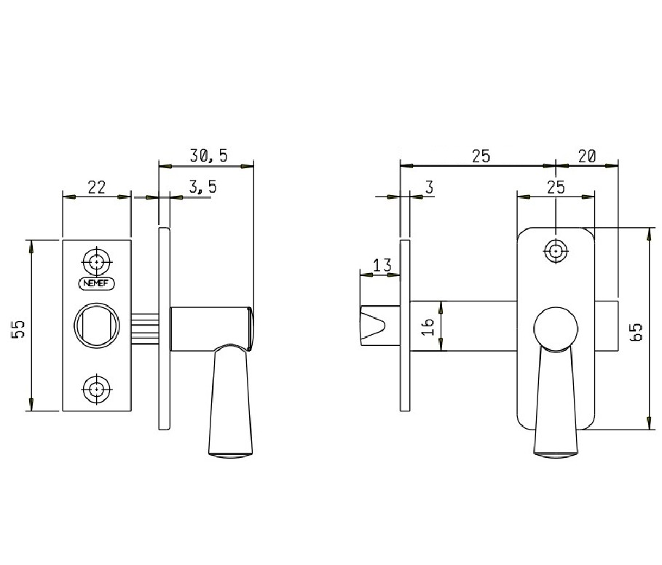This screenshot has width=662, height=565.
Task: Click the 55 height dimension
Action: point(19,329)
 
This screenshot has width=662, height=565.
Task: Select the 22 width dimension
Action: point(97,187)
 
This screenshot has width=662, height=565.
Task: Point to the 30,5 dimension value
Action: point(208,156)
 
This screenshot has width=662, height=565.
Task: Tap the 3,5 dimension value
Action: point(202,186)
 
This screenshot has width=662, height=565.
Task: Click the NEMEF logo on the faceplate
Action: point(97,283)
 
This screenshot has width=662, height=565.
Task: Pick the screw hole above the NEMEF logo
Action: point(97,262)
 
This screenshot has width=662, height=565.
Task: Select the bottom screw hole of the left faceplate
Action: point(97,389)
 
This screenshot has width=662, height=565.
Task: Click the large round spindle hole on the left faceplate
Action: point(97,325)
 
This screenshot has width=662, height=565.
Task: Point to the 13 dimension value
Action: point(382,266)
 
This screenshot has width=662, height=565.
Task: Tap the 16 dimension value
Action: point(427,326)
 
